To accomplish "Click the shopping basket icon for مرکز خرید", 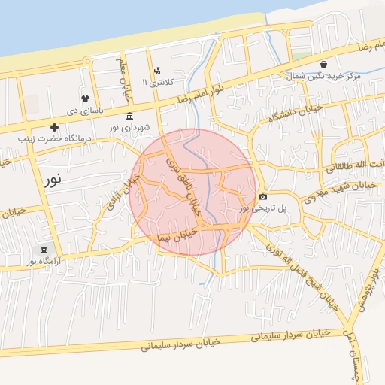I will click(323, 65).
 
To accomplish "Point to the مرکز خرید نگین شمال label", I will click(324, 77).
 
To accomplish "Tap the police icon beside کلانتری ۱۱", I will click(156, 71).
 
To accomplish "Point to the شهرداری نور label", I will click(133, 127).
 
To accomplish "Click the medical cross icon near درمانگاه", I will click(54, 127).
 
